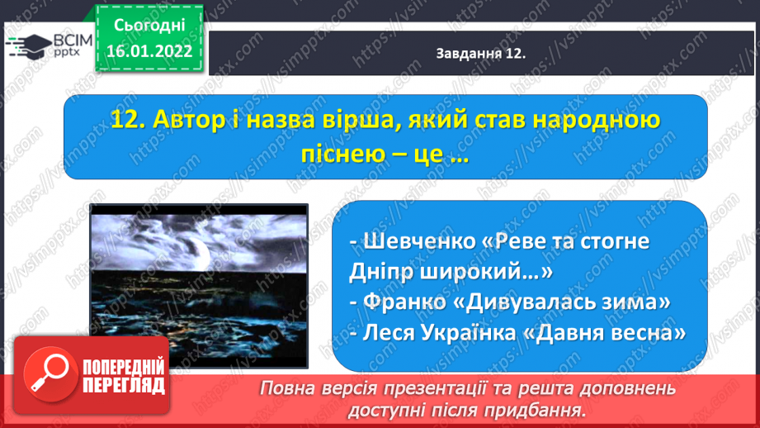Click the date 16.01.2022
(149, 51)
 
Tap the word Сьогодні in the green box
(149, 26)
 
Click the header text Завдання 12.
(481, 54)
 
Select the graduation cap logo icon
(28, 46)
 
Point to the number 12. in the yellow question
(128, 120)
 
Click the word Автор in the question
(189, 120)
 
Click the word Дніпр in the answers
(380, 272)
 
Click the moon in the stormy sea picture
(198, 251)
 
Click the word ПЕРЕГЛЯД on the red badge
(124, 386)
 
